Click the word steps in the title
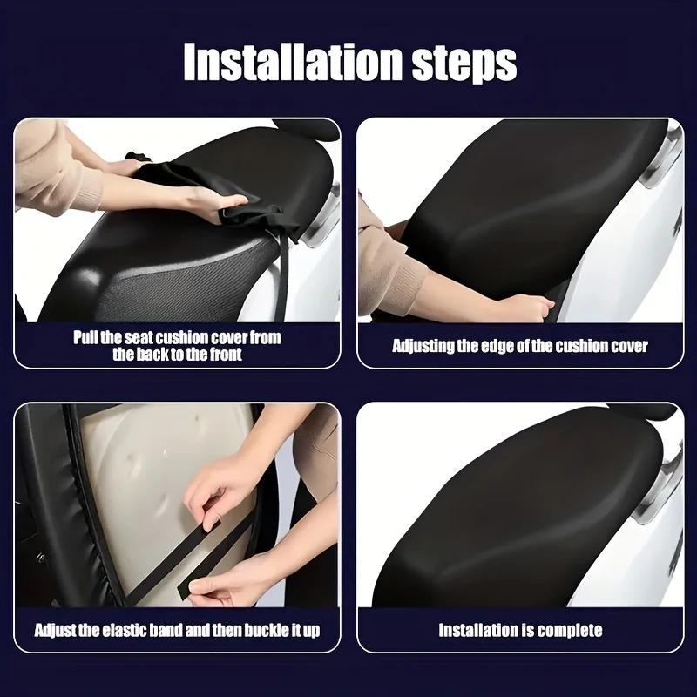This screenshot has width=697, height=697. click(463, 62)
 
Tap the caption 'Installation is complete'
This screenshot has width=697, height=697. click(520, 630)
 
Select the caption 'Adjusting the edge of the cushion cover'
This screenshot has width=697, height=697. click(520, 346)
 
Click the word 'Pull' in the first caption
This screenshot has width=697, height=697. click(87, 337)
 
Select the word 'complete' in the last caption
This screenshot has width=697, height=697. click(568, 630)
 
